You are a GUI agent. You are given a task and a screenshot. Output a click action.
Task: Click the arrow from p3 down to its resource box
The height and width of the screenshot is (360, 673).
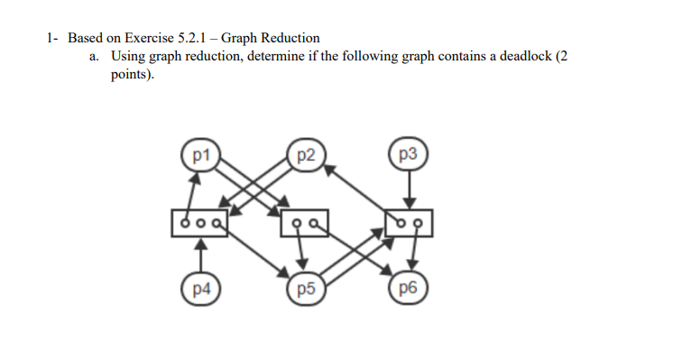(x=409, y=189)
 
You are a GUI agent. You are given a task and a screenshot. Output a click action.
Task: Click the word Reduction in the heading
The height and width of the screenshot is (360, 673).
(x=290, y=38)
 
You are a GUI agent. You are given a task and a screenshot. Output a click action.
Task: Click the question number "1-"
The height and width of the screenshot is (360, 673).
(x=53, y=38)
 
